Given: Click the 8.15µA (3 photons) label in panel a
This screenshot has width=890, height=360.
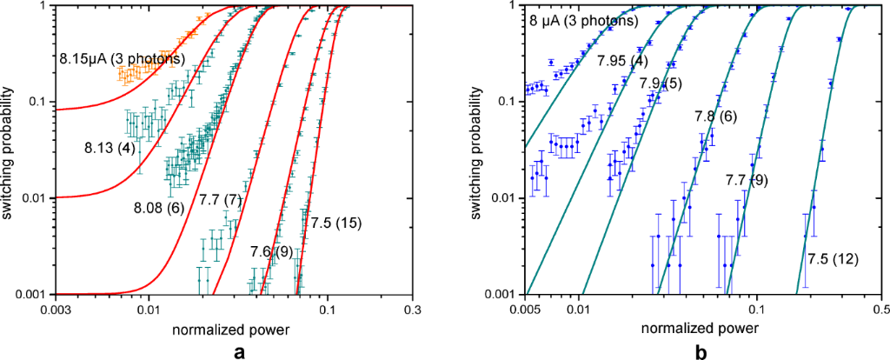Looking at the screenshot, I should [x=122, y=59].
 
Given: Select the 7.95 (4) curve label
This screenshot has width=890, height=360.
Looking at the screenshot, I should [x=622, y=61].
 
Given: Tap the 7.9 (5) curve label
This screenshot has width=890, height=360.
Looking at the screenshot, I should [x=662, y=83].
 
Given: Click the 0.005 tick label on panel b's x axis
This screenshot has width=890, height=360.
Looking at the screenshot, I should [x=525, y=308].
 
